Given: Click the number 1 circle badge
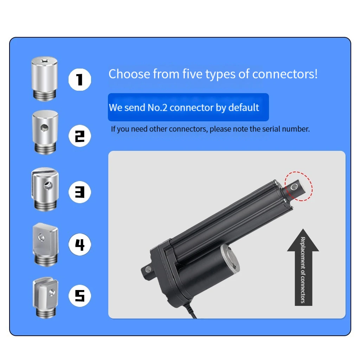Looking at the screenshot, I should point(79,79).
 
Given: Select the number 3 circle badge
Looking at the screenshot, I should point(79,192).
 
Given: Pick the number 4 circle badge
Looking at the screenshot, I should point(79,244).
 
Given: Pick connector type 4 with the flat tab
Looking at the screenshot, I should point(45,244).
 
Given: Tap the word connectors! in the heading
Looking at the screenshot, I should point(285,74).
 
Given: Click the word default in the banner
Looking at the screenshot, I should point(244,107).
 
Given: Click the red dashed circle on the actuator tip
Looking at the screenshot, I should point(298,186).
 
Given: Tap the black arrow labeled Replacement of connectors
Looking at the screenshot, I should point(303,267).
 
